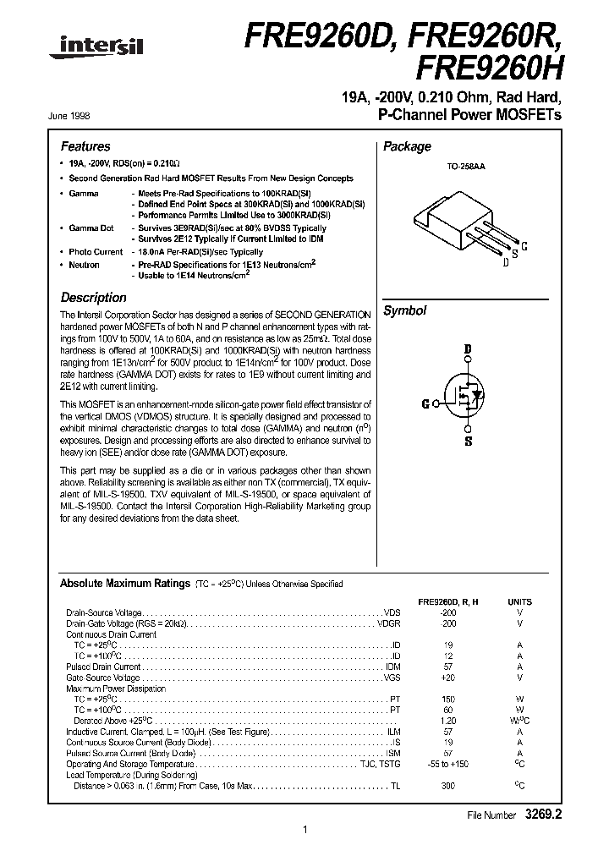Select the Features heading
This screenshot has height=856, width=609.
pos(85,146)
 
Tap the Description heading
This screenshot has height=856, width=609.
pos(93,298)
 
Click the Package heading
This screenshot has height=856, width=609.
pos(407,146)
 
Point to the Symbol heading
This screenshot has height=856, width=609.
pos(405,310)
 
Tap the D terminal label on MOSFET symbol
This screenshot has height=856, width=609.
pos(467,348)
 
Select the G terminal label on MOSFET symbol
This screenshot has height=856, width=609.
pos(425,403)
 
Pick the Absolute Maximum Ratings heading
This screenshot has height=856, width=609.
pos(124,584)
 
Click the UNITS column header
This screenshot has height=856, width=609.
pos(519,601)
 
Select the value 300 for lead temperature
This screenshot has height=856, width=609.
pos(447,786)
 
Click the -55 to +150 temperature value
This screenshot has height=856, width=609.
pos(447,764)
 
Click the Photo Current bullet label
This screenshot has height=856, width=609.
pos(96,252)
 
